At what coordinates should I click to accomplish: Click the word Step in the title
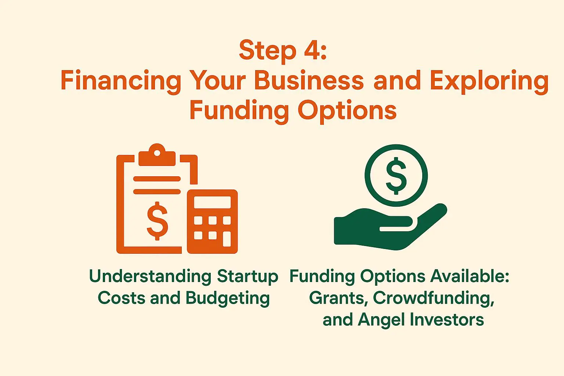267,51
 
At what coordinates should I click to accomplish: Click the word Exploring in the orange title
489,81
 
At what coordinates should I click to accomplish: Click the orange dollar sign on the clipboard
157,221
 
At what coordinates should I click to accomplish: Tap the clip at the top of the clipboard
157,156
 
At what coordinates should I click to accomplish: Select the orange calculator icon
212,221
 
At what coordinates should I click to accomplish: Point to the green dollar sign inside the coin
396,176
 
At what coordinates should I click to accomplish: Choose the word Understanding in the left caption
150,277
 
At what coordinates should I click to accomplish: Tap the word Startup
247,277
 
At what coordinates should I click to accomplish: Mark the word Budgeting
228,298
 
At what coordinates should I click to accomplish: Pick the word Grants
339,298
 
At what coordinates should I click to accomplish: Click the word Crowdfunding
434,298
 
